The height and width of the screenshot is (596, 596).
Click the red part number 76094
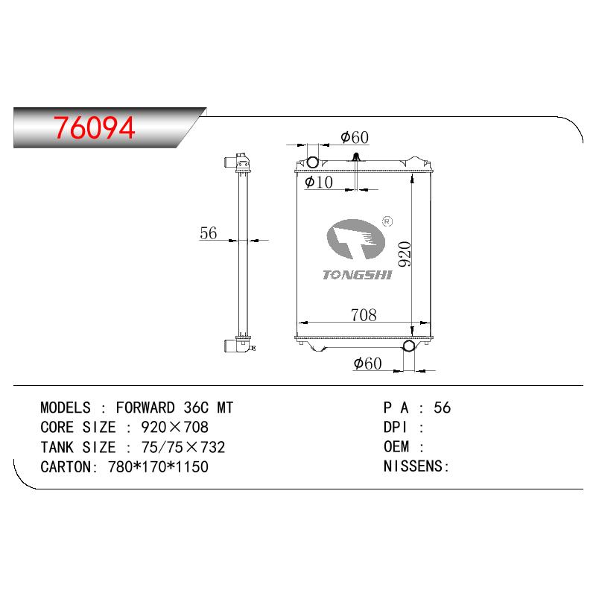pyautogui.click(x=95, y=127)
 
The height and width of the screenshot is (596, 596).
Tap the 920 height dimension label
pyautogui.click(x=405, y=254)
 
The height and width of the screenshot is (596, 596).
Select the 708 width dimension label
pyautogui.click(x=364, y=314)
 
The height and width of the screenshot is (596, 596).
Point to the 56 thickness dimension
pyautogui.click(x=209, y=233)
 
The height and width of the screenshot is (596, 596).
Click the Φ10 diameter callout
pyautogui.click(x=319, y=182)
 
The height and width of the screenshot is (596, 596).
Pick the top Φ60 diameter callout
pyautogui.click(x=355, y=137)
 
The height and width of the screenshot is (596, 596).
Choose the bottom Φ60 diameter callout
pyautogui.click(x=367, y=364)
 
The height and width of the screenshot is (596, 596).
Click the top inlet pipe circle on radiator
pyautogui.click(x=312, y=162)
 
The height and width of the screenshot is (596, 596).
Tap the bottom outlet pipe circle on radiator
pyautogui.click(x=409, y=346)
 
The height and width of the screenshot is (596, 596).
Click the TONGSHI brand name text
pyautogui.click(x=358, y=275)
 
